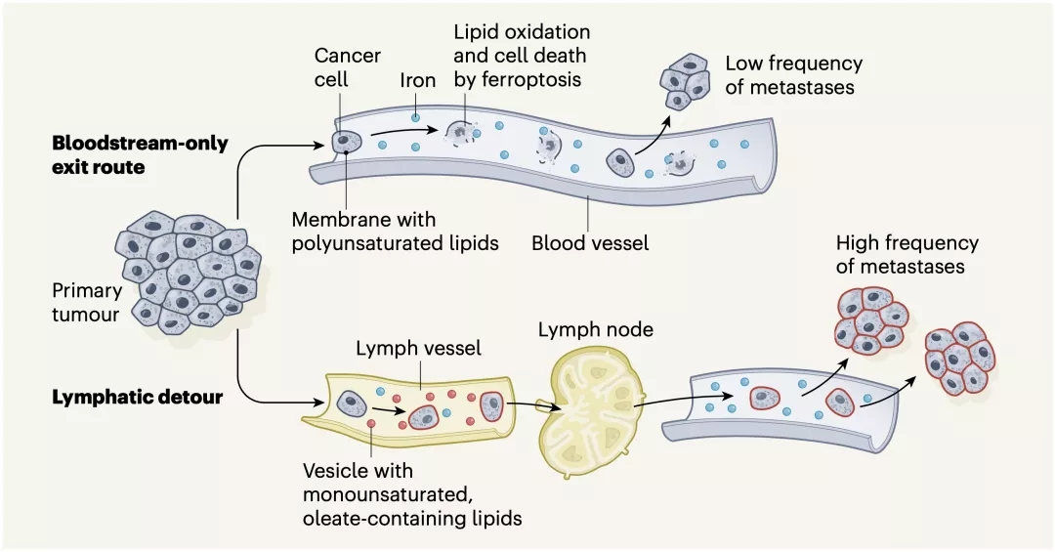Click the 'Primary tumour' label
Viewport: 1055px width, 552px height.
click(x=88, y=301)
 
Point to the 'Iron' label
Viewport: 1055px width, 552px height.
click(x=417, y=80)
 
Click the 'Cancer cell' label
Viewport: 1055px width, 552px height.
click(x=347, y=66)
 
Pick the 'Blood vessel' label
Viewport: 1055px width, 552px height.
click(x=590, y=242)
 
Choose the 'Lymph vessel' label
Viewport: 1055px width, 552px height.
click(x=418, y=348)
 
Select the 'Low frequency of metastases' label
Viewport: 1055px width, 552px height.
click(x=793, y=75)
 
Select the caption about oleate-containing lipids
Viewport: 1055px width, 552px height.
click(x=411, y=494)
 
